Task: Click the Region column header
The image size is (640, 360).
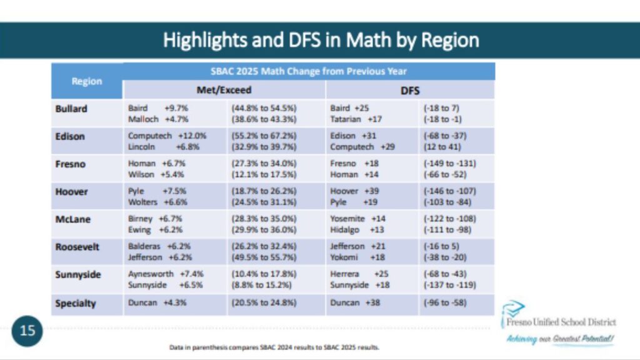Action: [87, 81]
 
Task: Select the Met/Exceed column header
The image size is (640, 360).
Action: [224, 90]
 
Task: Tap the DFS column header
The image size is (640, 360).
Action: [409, 90]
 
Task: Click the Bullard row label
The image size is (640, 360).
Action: [71, 109]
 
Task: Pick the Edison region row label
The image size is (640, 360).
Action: [69, 136]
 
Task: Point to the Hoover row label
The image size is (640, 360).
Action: [71, 192]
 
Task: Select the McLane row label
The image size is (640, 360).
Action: [71, 219]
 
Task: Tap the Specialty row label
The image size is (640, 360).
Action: [76, 303]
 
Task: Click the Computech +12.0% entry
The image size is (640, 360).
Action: [167, 136]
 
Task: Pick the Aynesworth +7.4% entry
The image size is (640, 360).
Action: [166, 274]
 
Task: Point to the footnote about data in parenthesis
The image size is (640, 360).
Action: [274, 347]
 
